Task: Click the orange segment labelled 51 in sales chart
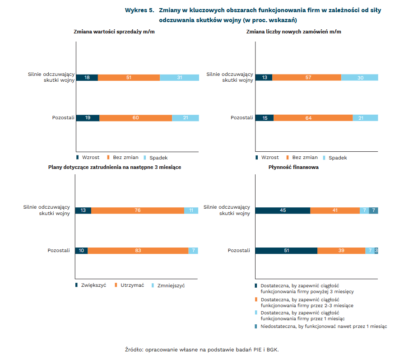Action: click(x=129, y=77)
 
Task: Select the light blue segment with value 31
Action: click(x=179, y=77)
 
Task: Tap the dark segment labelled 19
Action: click(x=88, y=118)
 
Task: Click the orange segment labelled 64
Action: click(x=313, y=118)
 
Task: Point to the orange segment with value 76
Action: click(x=138, y=210)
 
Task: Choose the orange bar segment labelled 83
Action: click(x=138, y=251)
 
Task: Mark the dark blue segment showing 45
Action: click(x=283, y=210)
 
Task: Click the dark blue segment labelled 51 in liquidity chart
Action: click(x=286, y=251)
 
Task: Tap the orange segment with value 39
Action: click(x=341, y=251)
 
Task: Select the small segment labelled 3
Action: click(x=376, y=251)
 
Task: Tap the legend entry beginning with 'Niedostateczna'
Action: click(x=323, y=326)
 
